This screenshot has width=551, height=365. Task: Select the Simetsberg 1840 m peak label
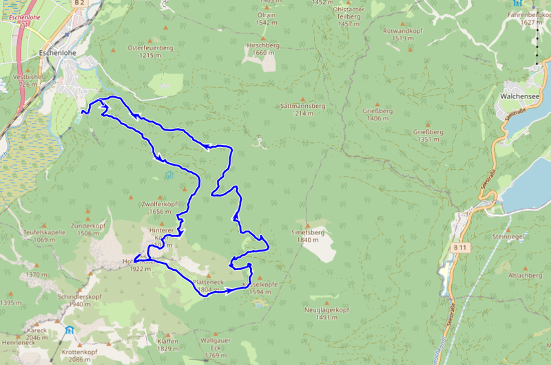coord(308,236)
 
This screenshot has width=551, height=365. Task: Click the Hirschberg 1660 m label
coord(265,48)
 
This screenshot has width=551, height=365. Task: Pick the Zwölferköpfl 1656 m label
coord(160,208)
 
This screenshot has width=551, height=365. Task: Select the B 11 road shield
coord(460,246)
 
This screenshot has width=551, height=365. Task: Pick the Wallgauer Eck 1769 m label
coord(214,347)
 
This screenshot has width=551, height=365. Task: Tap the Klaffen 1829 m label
coord(167,345)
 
